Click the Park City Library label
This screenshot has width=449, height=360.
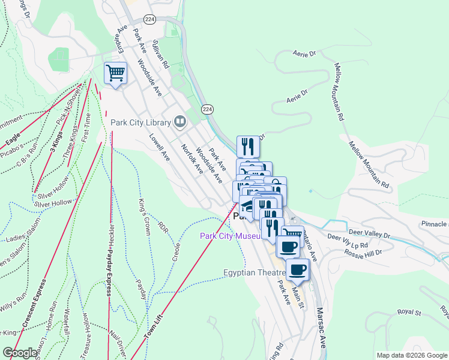[x=141, y=122]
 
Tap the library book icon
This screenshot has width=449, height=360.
[x=179, y=122]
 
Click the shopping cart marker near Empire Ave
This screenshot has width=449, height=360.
[x=115, y=74]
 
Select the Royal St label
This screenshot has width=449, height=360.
[x=411, y=313]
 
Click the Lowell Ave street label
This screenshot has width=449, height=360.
[x=160, y=146]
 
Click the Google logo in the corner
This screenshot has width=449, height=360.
[x=20, y=353]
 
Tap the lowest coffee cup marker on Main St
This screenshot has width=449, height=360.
[x=298, y=269]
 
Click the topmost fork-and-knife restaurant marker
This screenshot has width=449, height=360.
[x=248, y=146]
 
